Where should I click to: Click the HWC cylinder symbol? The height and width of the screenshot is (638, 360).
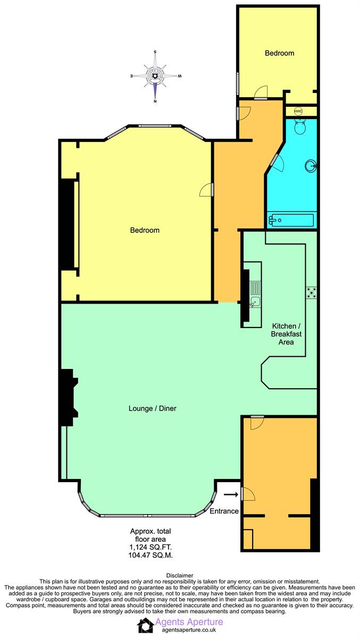[x=298, y=111]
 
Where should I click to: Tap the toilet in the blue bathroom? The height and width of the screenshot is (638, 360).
[x=300, y=127]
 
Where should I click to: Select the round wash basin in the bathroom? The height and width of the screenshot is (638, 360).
[x=311, y=165]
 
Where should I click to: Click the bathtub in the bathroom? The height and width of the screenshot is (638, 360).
[x=291, y=220]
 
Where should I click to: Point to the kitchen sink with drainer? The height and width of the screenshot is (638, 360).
[x=255, y=294]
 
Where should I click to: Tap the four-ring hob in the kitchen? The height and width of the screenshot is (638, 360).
[x=312, y=292]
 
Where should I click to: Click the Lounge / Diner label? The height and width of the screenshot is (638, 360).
[x=153, y=408]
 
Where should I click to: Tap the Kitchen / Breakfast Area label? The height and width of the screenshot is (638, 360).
[x=286, y=334]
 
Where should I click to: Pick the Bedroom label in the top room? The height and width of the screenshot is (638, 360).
[x=279, y=53]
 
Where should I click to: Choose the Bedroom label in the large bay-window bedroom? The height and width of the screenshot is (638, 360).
[x=145, y=230]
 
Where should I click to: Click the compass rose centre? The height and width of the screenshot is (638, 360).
[x=155, y=76]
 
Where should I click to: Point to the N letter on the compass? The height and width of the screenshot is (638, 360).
[x=155, y=101]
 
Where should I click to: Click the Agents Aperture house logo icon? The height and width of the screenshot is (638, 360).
[x=145, y=625]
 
